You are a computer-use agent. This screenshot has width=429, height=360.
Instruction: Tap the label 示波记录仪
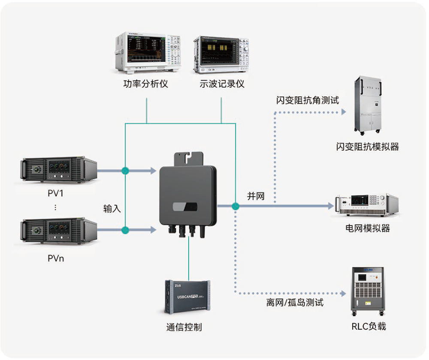[221, 84]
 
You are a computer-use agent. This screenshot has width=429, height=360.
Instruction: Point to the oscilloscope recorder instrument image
[221, 54]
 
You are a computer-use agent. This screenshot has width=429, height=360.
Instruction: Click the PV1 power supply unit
[59, 170]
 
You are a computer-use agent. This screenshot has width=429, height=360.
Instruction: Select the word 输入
[112, 209]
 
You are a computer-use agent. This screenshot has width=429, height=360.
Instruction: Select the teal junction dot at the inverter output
[235, 206]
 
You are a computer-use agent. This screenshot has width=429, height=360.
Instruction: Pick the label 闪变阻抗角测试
[308, 101]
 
